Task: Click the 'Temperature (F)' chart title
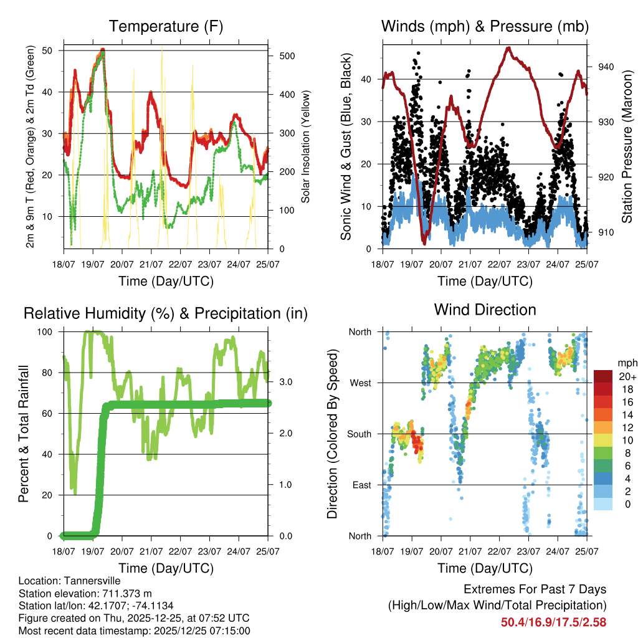tap(166, 26)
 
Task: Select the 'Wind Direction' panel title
tap(485, 310)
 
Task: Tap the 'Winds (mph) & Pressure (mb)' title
tap(485, 26)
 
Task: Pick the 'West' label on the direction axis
tap(359, 383)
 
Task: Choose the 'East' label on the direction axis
tap(361, 485)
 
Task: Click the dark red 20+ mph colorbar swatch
tap(604, 376)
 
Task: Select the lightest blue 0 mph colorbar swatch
tap(604, 504)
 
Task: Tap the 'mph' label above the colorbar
tap(626, 363)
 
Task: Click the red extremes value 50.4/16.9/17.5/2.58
tap(553, 622)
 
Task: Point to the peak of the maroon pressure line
tap(509, 47)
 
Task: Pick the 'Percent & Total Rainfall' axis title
tap(24, 433)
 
